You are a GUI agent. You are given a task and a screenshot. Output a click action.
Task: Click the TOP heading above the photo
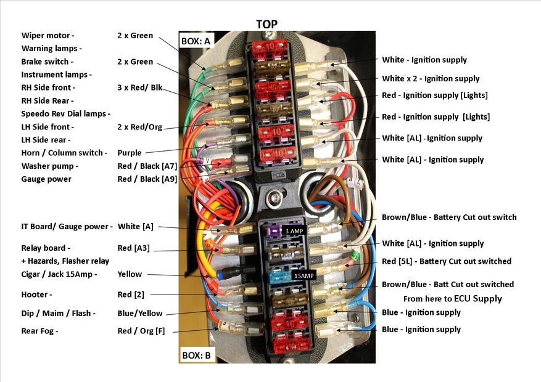(266, 24)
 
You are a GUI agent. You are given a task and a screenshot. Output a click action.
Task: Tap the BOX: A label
(196, 41)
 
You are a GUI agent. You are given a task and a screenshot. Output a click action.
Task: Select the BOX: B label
(196, 355)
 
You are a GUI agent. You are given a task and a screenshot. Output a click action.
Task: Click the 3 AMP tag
(294, 231)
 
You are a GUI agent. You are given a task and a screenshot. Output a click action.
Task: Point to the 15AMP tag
(304, 275)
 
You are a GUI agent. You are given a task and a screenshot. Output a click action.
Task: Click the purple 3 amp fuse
(273, 231)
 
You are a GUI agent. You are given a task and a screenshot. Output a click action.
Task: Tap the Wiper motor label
(47, 36)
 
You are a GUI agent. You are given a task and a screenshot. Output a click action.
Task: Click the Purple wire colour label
(130, 153)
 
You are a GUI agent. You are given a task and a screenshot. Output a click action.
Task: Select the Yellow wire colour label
(130, 274)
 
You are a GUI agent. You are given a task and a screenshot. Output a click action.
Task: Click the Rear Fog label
(39, 331)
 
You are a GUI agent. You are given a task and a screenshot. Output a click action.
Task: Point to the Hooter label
(36, 295)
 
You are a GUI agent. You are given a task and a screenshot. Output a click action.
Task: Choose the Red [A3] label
(133, 248)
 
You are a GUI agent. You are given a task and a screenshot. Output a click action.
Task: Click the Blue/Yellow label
(140, 313)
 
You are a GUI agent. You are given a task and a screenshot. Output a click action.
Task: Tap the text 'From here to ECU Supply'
(452, 299)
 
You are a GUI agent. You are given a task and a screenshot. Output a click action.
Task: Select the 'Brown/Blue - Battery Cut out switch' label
(449, 217)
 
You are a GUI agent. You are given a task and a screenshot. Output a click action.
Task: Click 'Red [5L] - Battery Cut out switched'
(447, 261)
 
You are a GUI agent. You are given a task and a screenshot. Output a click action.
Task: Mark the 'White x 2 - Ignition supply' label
(431, 78)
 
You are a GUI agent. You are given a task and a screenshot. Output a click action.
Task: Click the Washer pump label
(50, 166)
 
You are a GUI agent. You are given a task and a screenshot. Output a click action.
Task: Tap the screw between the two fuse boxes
(275, 198)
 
